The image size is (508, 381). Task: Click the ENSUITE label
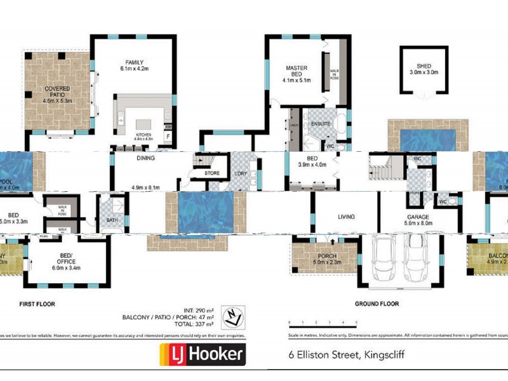[321, 124]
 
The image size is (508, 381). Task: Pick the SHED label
[423, 66]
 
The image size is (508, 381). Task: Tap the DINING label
[145, 159]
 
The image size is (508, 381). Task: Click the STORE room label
[212, 173]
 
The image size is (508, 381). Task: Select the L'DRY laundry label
[240, 173]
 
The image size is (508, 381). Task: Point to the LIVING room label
[346, 217]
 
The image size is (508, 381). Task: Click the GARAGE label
[418, 217]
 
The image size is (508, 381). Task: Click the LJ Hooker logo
[202, 354]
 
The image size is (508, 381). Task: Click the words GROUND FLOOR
[377, 304]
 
